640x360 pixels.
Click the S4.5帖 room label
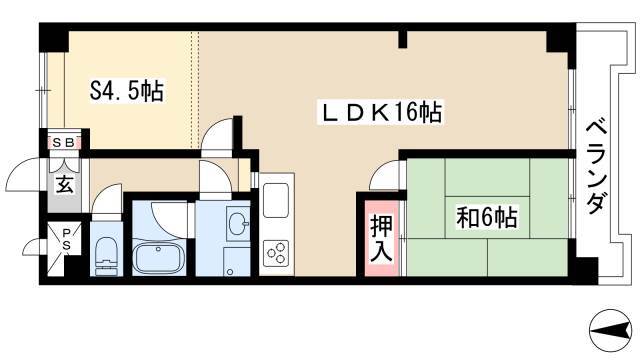(127, 91)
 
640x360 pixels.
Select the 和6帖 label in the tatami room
(487, 217)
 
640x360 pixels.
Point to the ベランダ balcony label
(595, 166)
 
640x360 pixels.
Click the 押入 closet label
(381, 238)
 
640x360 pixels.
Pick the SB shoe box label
(64, 143)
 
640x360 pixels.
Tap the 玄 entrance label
(65, 184)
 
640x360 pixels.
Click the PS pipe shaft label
(66, 240)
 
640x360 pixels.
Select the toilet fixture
(106, 256)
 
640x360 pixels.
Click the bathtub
(160, 258)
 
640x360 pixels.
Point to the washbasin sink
(238, 224)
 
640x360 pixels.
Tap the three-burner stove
(276, 253)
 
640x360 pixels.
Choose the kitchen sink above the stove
(276, 200)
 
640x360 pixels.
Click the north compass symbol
(611, 330)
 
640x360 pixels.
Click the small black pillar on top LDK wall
(403, 40)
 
